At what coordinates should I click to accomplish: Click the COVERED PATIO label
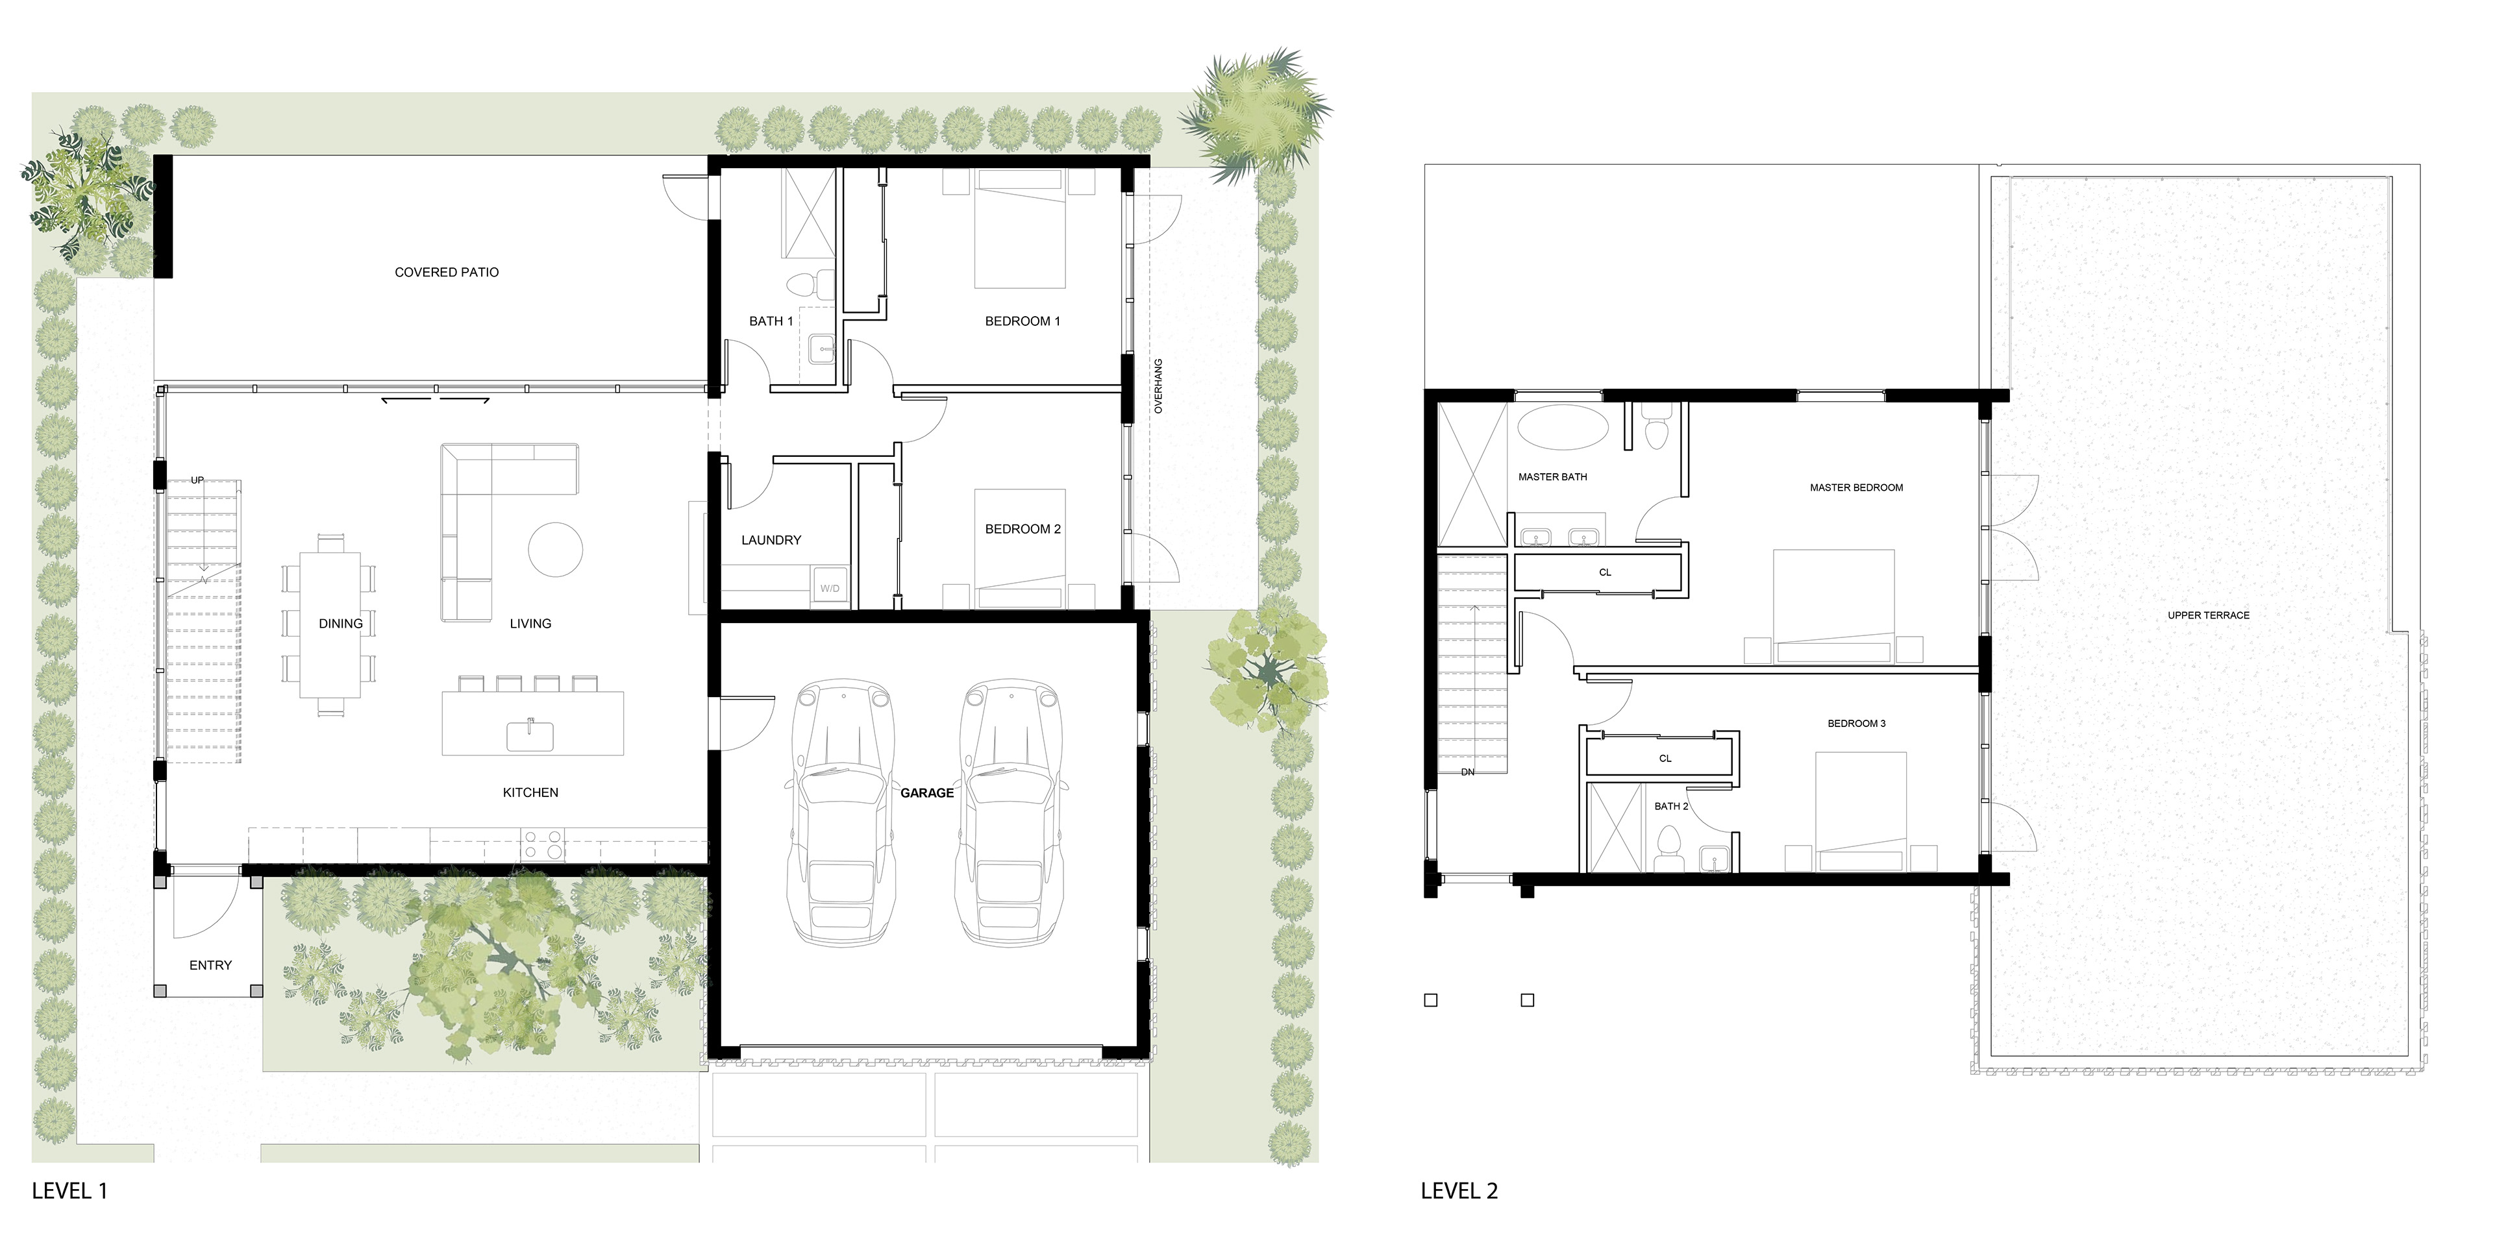coord(446,272)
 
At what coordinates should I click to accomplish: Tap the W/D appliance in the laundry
coord(830,587)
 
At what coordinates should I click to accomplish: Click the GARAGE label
coord(927,792)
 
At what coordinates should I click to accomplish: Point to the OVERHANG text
coord(1158,386)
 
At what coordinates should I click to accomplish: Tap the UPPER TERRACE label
coord(2209,615)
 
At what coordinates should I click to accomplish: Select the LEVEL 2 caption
coord(1459,1191)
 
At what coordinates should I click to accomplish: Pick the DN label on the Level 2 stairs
coord(1468,772)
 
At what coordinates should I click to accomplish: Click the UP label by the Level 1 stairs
coord(197,480)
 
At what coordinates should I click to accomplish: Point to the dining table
coord(330,624)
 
